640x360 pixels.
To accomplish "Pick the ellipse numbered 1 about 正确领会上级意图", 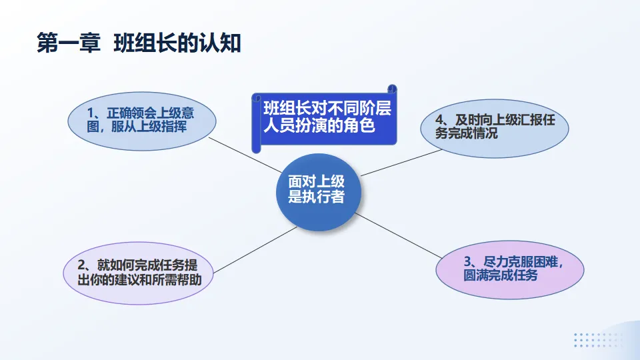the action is tap(142, 119).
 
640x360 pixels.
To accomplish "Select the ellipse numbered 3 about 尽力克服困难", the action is tap(509, 268).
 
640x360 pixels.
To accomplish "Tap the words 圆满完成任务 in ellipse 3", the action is tap(501, 275).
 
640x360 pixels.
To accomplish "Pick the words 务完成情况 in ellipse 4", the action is tap(467, 134).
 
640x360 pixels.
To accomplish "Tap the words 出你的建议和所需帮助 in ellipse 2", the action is tap(139, 280).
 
